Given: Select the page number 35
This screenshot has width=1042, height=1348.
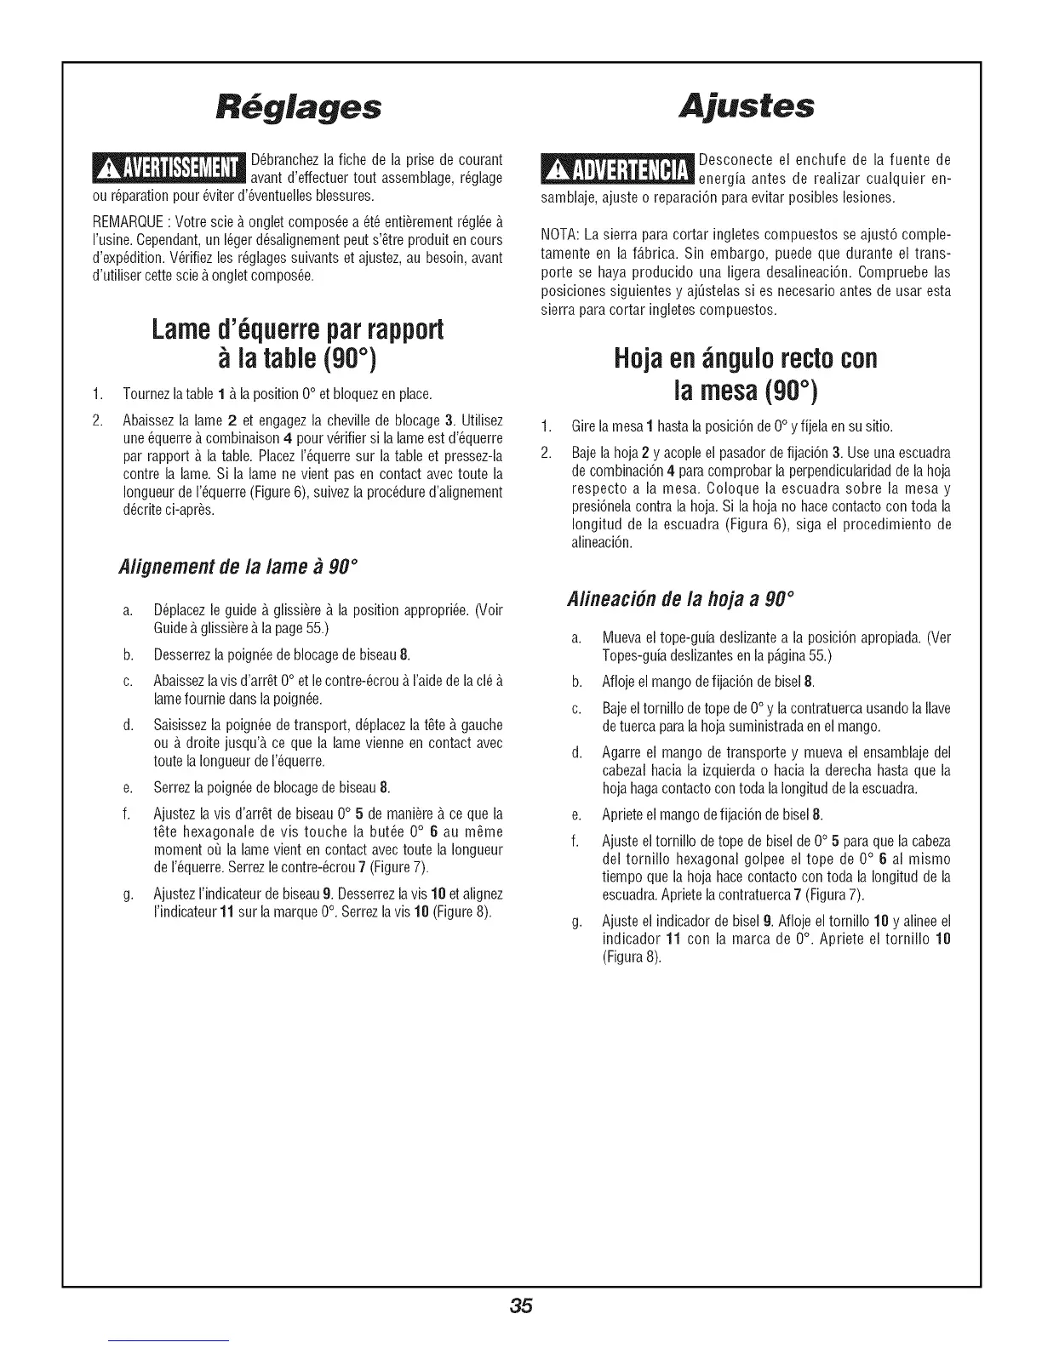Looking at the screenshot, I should click(x=521, y=1307).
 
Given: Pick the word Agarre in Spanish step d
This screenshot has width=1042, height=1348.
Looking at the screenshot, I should click(x=620, y=752).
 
